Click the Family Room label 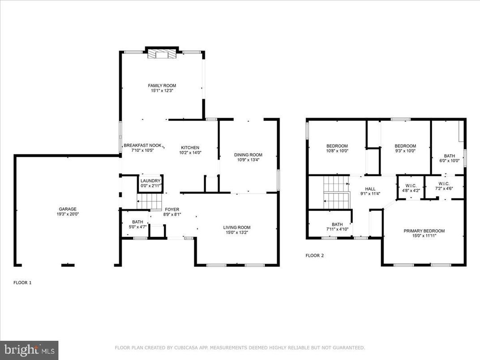point(162,86)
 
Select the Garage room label point(68,209)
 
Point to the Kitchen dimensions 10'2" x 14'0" point(190,152)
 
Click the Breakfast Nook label point(142,146)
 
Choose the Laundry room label point(151,181)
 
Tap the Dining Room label point(248,155)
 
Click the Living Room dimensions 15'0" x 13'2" point(237,232)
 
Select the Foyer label point(172,209)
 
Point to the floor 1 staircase point(149,201)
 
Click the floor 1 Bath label point(137,222)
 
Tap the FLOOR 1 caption point(22,283)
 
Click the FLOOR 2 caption point(314,256)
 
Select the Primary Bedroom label point(424,231)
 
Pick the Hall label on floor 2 point(370,189)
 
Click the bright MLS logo point(29,350)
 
